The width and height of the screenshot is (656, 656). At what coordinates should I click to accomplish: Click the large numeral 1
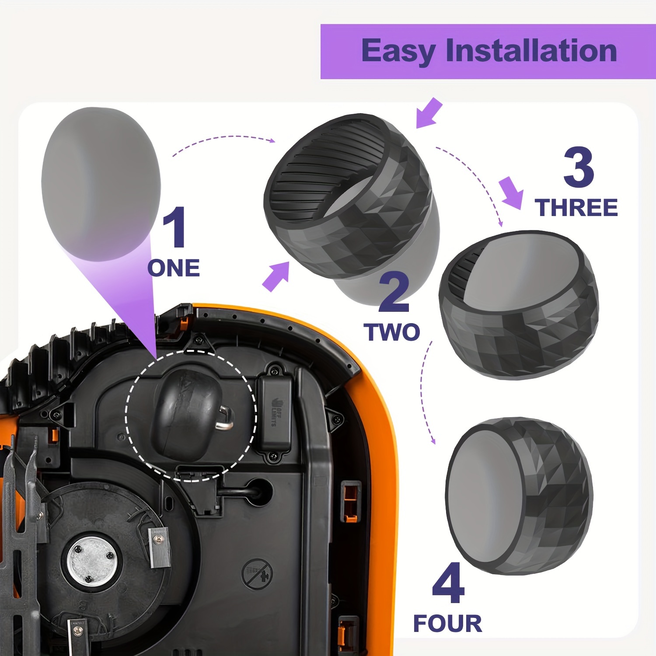point(175,227)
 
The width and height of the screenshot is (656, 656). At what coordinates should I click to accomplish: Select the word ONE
point(174,268)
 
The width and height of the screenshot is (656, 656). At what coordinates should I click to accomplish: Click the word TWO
point(392,332)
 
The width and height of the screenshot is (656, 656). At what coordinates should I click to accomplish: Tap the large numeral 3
point(578,167)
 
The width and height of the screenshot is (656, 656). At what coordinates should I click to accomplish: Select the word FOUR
point(447,623)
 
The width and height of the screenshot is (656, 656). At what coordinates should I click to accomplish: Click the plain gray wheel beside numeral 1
point(101,184)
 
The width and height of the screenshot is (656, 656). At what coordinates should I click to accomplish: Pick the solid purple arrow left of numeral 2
point(276,276)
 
